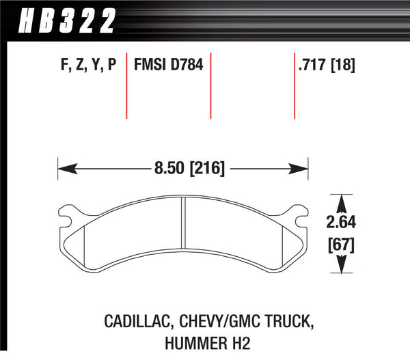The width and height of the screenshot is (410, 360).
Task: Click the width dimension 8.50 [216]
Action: pos(184,167)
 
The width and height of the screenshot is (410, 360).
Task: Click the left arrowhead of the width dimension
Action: pos(64,167)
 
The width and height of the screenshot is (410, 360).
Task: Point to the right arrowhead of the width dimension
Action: pos(304,167)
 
